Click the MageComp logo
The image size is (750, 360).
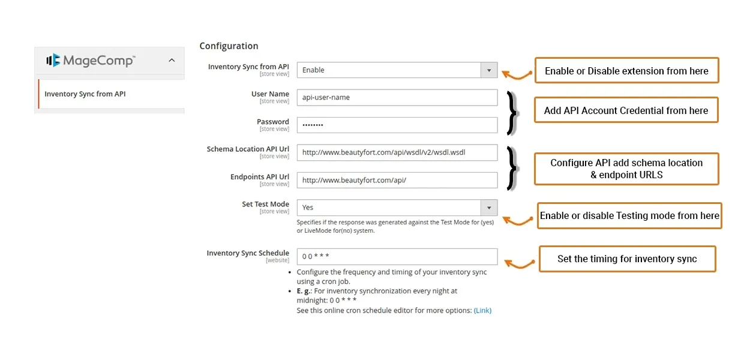click(x=91, y=60)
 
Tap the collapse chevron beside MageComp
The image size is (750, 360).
click(x=172, y=60)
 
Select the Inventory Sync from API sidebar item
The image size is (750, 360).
click(x=85, y=94)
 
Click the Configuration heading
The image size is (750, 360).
click(x=229, y=46)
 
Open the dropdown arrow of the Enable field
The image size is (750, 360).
click(x=489, y=70)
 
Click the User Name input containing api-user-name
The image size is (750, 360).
click(x=397, y=97)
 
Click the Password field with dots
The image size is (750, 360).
click(x=397, y=125)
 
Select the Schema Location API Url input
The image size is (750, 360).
click(x=397, y=152)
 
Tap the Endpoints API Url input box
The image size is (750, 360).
click(x=397, y=180)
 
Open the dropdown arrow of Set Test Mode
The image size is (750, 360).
click(x=489, y=208)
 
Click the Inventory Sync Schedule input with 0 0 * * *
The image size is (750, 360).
click(x=397, y=257)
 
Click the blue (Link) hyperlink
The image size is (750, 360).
click(x=482, y=311)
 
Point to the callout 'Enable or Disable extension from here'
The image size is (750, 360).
click(x=626, y=71)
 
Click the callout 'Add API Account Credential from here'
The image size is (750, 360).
click(x=626, y=110)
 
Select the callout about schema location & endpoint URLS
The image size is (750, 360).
click(x=626, y=169)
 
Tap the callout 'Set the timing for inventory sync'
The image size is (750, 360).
click(x=627, y=259)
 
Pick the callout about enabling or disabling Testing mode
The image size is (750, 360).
click(x=629, y=216)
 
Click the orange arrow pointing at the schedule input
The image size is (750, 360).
click(x=518, y=263)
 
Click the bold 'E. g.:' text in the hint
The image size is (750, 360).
click(x=304, y=291)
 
